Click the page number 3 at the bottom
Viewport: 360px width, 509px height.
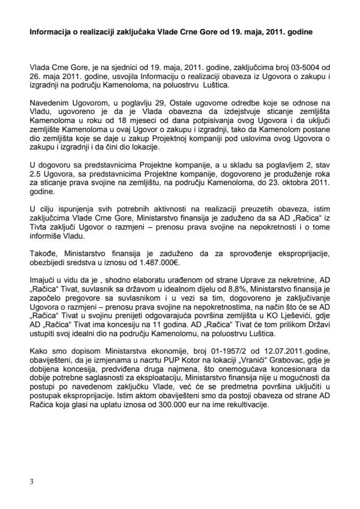(x=31, y=481)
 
